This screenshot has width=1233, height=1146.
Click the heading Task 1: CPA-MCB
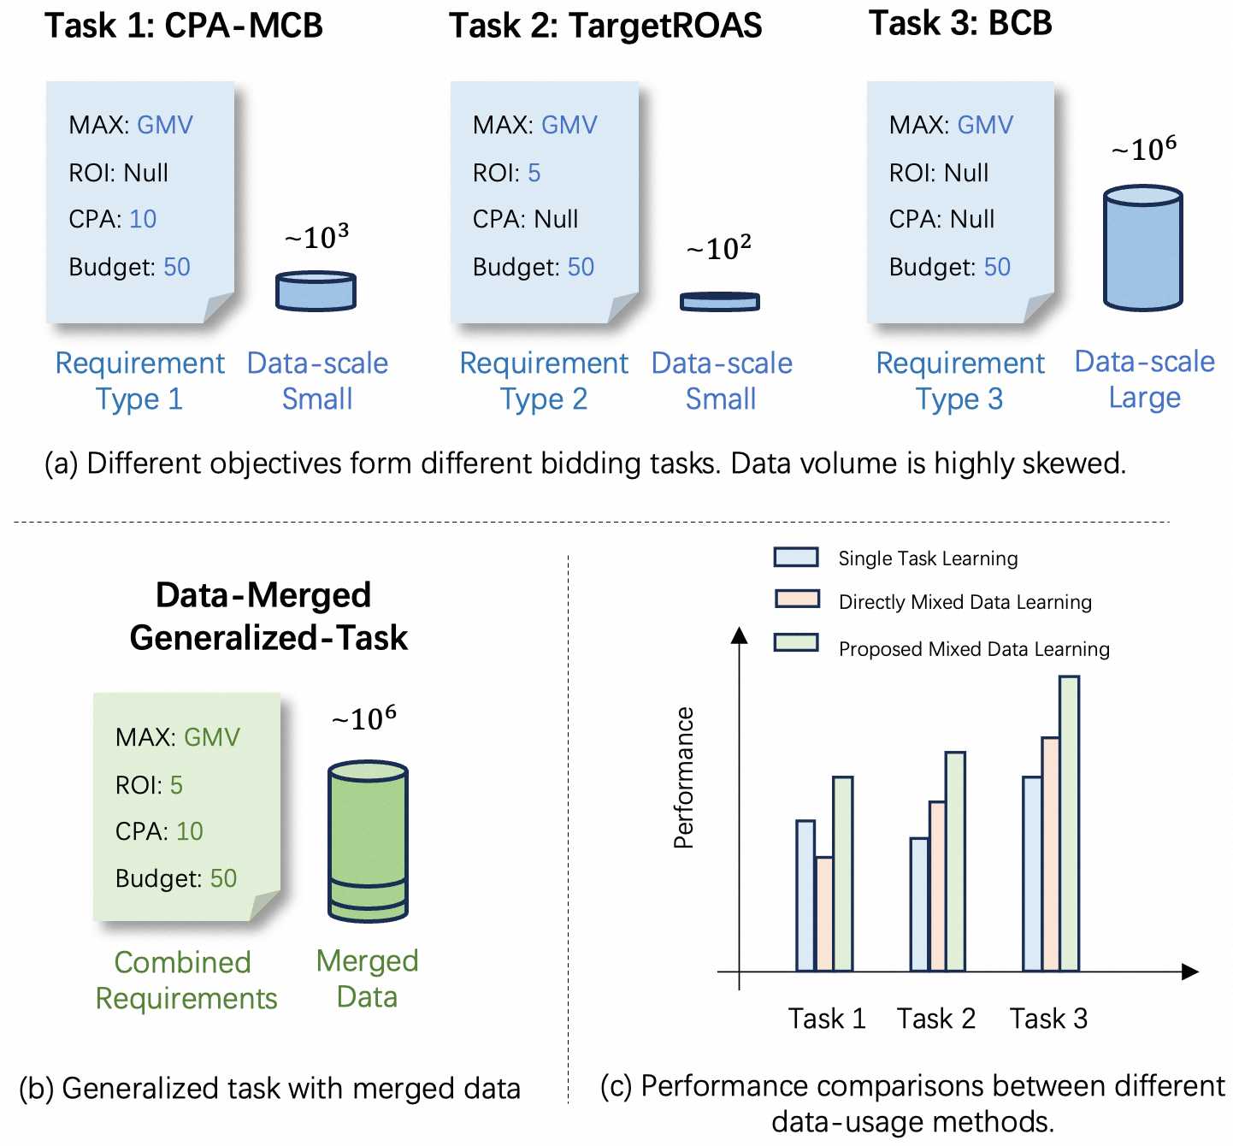pyautogui.click(x=184, y=26)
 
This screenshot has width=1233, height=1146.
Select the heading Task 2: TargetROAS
pyautogui.click(x=605, y=26)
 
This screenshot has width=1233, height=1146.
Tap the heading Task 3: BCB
pyautogui.click(x=960, y=23)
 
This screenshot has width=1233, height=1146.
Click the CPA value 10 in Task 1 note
pyautogui.click(x=143, y=219)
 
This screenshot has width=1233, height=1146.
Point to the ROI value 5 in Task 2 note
pyautogui.click(x=534, y=173)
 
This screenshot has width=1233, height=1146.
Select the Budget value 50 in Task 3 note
pyautogui.click(x=997, y=267)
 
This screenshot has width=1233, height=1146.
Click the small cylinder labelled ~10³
pyautogui.click(x=316, y=291)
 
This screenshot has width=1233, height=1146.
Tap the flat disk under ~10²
pyautogui.click(x=719, y=301)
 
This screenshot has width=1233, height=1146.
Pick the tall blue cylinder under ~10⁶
pyautogui.click(x=1142, y=247)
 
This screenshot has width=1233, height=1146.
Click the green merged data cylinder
pyautogui.click(x=368, y=842)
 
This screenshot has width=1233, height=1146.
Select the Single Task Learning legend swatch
pyautogui.click(x=796, y=558)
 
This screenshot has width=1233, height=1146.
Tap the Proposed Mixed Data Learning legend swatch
pyautogui.click(x=796, y=642)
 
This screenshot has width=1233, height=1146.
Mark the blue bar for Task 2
pyautogui.click(x=919, y=904)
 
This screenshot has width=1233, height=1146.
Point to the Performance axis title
pyautogui.click(x=683, y=777)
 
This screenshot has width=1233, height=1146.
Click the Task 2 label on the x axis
pyautogui.click(x=935, y=1019)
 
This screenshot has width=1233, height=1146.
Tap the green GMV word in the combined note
pyautogui.click(x=212, y=737)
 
